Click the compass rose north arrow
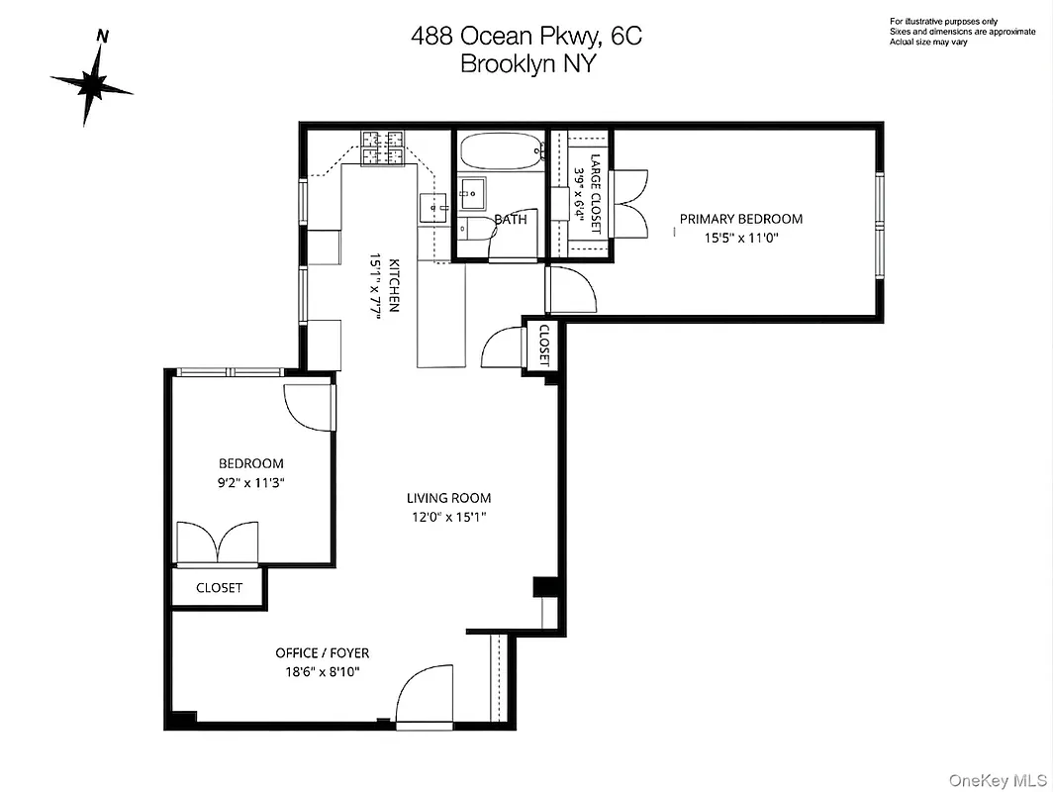point(92,83)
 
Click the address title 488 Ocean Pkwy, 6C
point(526,37)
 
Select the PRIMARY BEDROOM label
point(740,219)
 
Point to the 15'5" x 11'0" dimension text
point(740,238)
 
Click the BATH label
point(511,220)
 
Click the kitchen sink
point(434,208)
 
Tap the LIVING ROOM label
point(448,498)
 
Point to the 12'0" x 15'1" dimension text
point(448,517)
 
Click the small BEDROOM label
point(250,463)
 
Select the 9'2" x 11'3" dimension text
point(250,482)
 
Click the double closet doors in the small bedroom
point(218,544)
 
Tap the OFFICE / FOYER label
point(322,653)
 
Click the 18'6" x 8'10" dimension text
point(322,672)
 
